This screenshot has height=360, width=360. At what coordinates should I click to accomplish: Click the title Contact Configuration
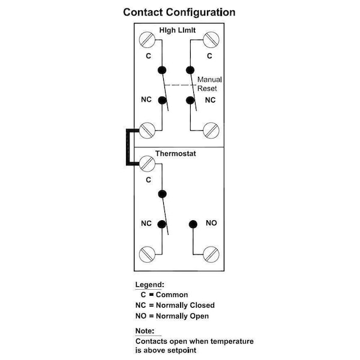point(179,12)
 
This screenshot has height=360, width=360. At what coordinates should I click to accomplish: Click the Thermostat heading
point(175,154)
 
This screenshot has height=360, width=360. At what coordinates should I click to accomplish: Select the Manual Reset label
point(210,83)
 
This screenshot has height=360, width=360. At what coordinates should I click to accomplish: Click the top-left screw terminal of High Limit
point(148,40)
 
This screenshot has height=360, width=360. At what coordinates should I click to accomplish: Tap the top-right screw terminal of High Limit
point(210,40)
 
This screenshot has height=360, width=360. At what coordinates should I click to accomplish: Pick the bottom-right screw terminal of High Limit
point(210,129)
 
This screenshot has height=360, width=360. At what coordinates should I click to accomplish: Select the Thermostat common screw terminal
point(148,161)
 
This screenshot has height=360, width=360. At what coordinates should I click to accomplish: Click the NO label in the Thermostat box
point(211,223)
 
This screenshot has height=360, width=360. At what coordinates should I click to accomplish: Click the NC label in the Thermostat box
point(146,223)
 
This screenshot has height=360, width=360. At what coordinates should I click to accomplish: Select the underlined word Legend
point(149,285)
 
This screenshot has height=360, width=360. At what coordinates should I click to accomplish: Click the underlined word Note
point(145,331)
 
